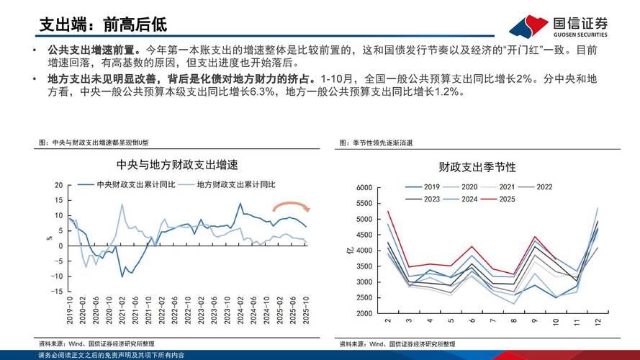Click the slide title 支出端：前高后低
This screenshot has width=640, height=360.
(x=103, y=24)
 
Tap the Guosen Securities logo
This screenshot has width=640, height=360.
(x=558, y=27)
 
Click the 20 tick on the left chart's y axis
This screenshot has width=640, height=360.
(x=58, y=185)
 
